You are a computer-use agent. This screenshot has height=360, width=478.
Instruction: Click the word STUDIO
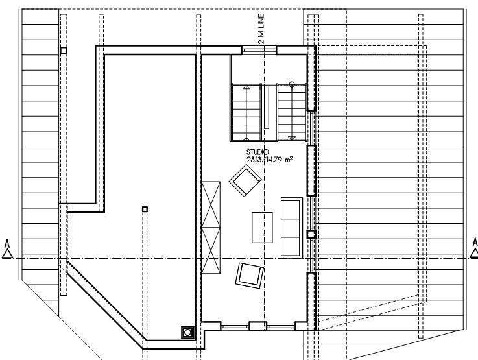point(257,152)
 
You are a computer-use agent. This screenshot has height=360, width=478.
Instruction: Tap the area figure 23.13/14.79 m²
point(270,159)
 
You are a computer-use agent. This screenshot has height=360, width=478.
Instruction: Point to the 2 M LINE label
point(261,29)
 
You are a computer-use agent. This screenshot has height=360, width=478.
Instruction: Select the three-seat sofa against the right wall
point(292,228)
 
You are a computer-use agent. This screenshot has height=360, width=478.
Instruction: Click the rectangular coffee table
point(262,228)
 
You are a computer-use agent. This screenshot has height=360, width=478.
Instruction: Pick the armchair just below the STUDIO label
point(245,180)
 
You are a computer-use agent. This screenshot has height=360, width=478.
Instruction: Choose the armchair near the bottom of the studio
point(249,276)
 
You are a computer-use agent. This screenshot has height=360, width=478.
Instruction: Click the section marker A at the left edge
point(7,250)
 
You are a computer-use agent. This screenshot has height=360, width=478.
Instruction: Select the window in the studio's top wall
point(259,50)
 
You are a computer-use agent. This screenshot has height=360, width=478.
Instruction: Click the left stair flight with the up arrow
point(246,113)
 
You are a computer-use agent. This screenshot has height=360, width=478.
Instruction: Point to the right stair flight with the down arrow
point(292,112)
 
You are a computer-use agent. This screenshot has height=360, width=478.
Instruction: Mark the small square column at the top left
point(64,51)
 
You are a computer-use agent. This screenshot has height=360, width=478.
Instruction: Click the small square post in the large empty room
point(145,209)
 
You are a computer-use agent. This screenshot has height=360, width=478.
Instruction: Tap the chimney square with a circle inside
point(188,332)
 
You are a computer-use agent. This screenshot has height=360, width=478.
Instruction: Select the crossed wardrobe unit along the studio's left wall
point(211,228)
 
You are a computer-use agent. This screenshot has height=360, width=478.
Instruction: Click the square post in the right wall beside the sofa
point(311,234)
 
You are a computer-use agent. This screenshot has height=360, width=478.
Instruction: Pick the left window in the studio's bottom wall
point(235,326)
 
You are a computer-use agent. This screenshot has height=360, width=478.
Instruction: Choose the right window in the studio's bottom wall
point(281,326)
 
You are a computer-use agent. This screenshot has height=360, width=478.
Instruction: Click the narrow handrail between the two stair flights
point(267,107)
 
